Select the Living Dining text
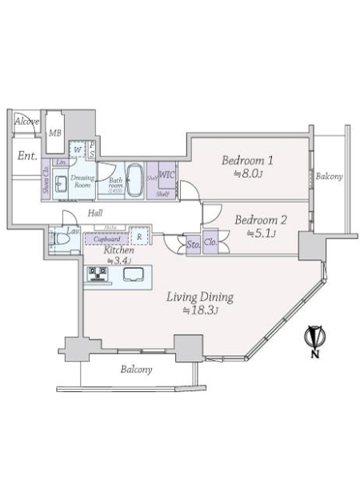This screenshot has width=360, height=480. (200, 298)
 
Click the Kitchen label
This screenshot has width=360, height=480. (119, 250)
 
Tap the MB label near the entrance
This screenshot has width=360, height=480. (56, 132)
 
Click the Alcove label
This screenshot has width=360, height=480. (26, 122)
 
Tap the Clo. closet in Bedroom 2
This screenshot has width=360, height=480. (210, 242)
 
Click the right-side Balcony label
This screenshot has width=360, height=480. (328, 176)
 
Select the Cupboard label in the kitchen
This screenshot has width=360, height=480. (107, 238)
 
